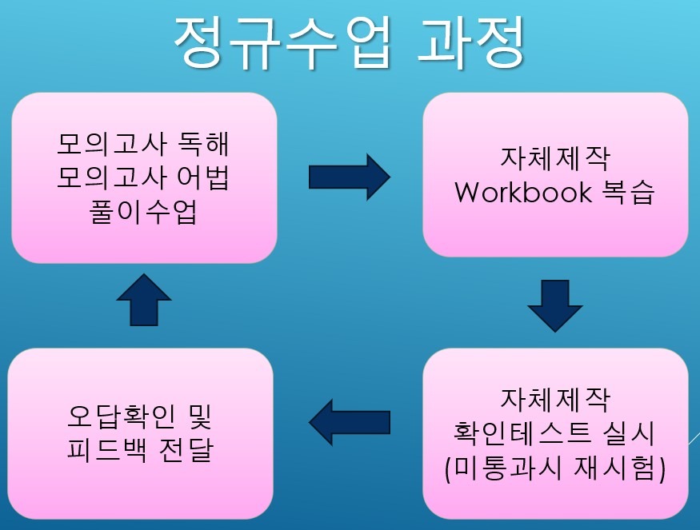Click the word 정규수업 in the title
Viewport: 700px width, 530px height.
click(x=283, y=44)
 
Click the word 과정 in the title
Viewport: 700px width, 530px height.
click(x=471, y=43)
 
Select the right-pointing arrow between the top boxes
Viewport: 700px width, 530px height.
click(x=350, y=177)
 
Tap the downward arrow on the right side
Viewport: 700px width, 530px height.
click(x=555, y=306)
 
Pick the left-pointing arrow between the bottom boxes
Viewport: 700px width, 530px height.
click(x=350, y=423)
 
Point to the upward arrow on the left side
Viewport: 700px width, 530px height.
click(x=144, y=300)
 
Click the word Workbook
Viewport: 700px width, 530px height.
click(x=523, y=193)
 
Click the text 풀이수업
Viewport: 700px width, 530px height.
click(x=143, y=212)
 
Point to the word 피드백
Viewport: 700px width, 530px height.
click(x=106, y=450)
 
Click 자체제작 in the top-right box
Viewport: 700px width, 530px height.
click(x=555, y=158)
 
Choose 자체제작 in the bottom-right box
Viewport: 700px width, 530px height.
click(x=555, y=398)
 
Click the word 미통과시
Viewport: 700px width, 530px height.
click(x=505, y=468)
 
